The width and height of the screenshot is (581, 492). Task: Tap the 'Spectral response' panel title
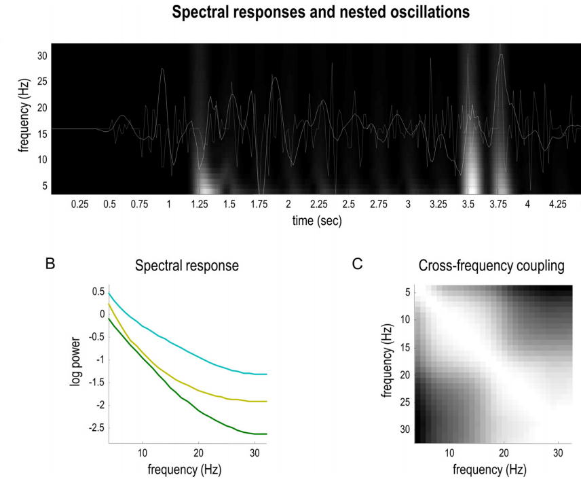[x=187, y=266]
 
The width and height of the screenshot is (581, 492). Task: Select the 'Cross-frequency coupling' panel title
[x=492, y=266]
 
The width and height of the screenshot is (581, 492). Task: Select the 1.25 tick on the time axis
[x=200, y=204]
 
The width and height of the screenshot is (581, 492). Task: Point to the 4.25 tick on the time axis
[x=557, y=204]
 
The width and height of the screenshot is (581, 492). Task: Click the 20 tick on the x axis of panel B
[x=198, y=453]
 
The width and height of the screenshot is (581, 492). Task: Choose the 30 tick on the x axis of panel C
[x=557, y=453]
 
